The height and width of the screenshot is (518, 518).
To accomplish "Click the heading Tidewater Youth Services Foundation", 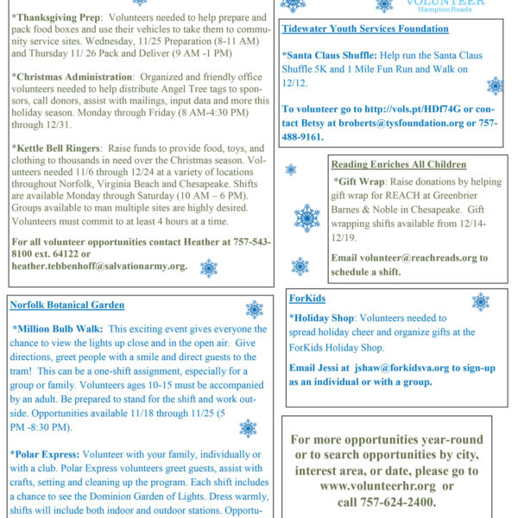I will [365, 28].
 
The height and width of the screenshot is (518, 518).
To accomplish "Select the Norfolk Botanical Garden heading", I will [66, 305].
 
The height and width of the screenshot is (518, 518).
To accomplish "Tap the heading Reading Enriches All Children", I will [399, 164].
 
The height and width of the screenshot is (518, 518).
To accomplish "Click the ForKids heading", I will [307, 299].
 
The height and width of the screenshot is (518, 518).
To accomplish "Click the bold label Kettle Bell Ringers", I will [60, 148].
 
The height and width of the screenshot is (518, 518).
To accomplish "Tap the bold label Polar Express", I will [48, 452].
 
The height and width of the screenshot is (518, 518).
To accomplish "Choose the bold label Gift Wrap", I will [360, 182].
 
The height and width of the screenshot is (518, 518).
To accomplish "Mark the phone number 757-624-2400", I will [398, 502].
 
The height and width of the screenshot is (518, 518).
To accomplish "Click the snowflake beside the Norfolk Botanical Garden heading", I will [255, 309].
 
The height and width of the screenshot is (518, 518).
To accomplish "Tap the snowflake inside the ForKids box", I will [480, 301].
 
